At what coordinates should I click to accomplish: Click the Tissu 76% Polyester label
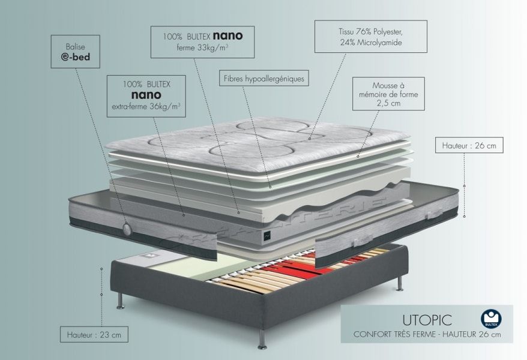[370, 36]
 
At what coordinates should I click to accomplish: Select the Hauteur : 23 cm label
[94, 334]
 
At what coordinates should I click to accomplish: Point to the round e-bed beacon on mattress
[127, 228]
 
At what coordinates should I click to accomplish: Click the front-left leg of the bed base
[121, 299]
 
